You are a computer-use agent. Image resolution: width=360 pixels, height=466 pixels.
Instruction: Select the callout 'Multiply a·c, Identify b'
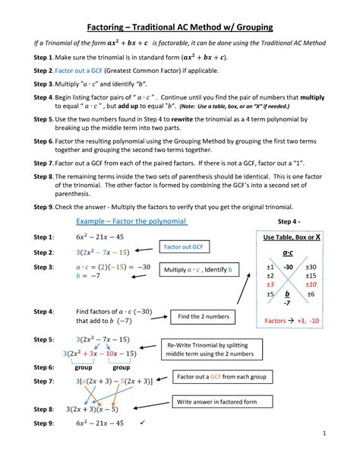pos(197,270)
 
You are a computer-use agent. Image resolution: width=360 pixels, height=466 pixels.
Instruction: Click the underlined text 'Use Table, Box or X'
pos(291,237)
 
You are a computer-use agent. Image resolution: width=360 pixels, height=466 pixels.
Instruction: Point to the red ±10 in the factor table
pos(311,284)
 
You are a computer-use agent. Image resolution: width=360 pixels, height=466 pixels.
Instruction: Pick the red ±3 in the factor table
pos(270,284)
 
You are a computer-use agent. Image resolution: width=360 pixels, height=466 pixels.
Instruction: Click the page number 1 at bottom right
pos(344,455)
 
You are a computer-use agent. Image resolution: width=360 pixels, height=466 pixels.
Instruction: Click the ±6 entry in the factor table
pos(311,293)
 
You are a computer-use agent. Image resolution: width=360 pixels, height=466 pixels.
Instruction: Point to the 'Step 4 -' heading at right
pos(292,221)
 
